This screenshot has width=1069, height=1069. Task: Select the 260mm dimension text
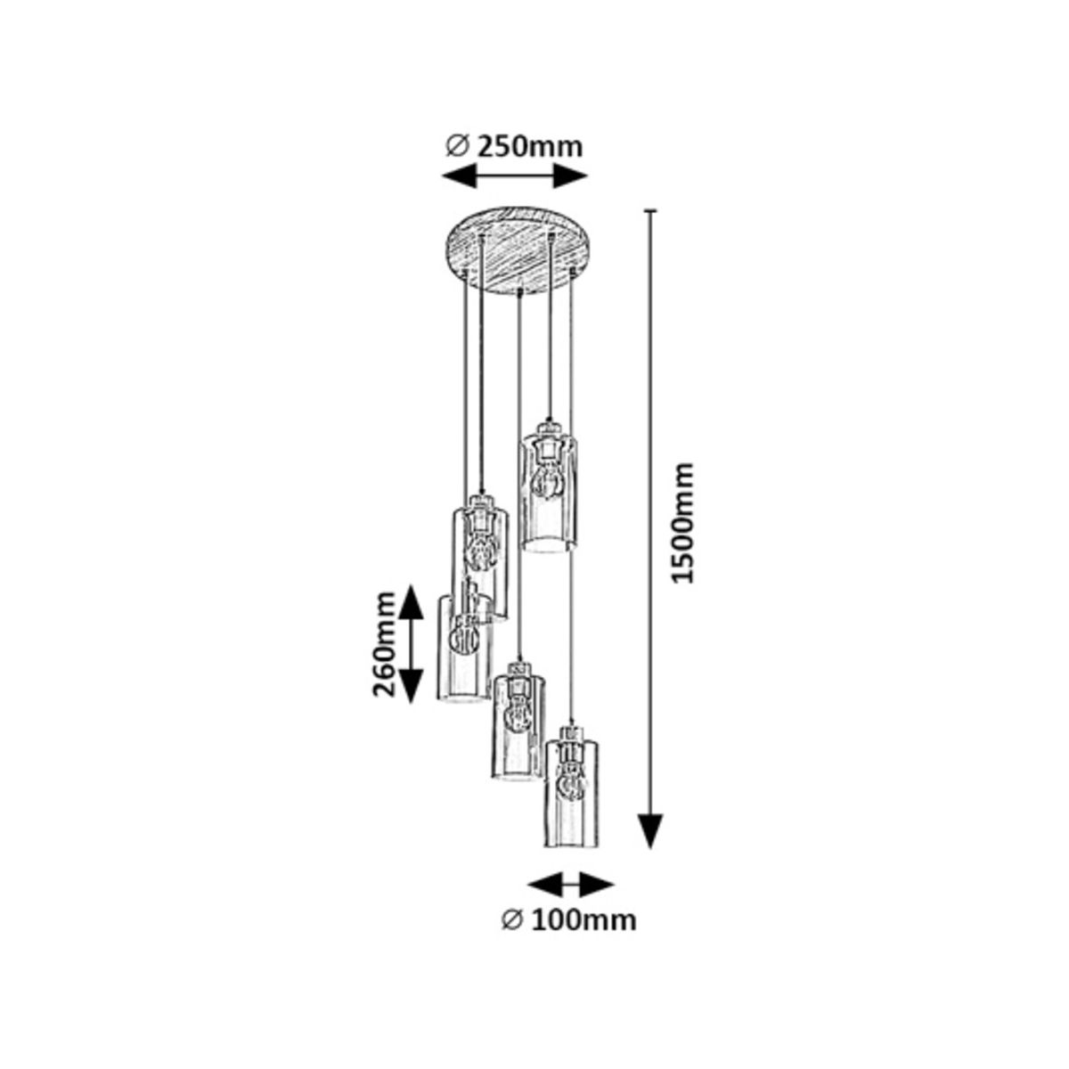coord(383,644)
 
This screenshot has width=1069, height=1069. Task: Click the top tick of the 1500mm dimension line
coord(650,210)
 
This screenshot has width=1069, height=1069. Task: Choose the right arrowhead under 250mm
coord(570,177)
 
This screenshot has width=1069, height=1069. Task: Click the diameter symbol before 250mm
coord(458,148)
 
